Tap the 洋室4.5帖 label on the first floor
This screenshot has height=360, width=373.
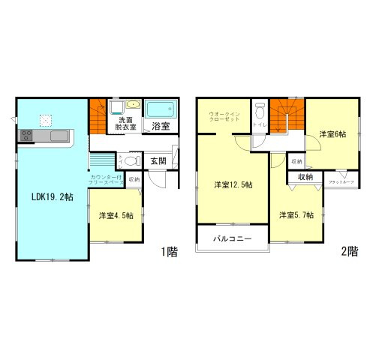[116, 216]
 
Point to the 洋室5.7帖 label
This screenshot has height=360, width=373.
[296, 215]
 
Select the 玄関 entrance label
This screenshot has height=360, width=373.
[158, 160]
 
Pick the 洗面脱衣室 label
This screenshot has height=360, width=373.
[125, 124]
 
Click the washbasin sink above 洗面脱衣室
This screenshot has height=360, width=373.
[132, 106]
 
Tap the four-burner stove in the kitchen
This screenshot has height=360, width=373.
[26, 136]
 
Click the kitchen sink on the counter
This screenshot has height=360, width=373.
[59, 136]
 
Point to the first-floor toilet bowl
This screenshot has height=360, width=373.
[132, 160]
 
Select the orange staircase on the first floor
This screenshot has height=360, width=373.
[98, 116]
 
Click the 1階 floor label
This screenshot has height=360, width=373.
[168, 252]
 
